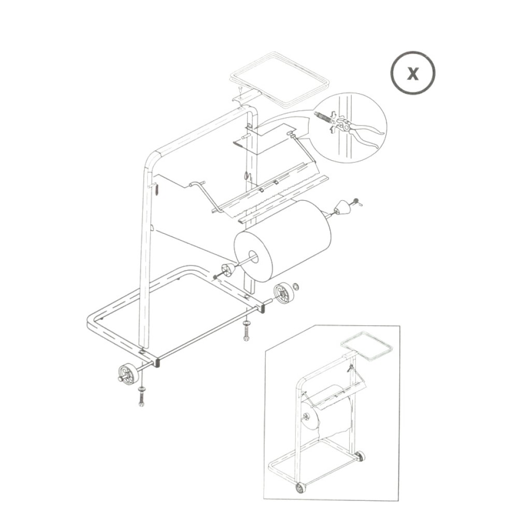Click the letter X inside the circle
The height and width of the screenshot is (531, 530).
coord(412,73)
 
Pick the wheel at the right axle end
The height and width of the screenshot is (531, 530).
coord(282,293)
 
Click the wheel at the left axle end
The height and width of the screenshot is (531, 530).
coord(126,373)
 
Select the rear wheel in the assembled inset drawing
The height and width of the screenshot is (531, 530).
coord(360,456)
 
